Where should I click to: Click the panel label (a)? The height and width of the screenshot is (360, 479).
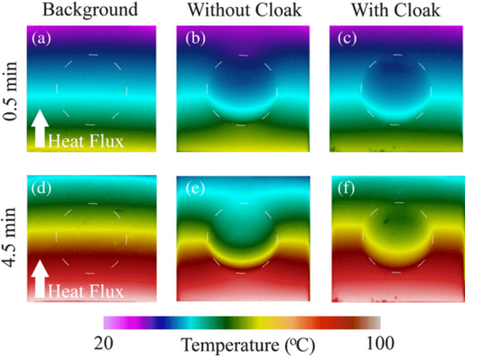tap(41, 38)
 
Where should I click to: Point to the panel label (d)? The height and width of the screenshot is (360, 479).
tap(41, 188)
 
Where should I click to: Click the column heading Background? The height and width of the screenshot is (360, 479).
tap(91, 10)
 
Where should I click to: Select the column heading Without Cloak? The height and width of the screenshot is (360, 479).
tap(243, 10)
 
